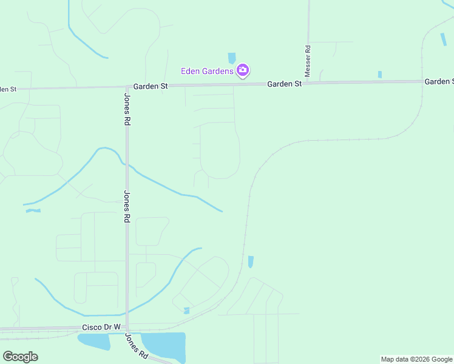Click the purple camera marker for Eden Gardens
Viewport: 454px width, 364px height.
point(243,71)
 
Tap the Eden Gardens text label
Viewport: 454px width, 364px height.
point(207,72)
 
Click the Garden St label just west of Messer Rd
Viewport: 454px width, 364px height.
point(285,84)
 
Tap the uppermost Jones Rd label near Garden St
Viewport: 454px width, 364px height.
point(127,109)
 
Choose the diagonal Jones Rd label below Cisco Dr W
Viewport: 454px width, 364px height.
point(137,345)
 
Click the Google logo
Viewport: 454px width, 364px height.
point(20,356)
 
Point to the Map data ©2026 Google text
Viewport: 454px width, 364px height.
point(416,359)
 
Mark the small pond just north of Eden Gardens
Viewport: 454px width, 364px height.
point(231,58)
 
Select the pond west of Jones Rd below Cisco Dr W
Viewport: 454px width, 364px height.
point(94,342)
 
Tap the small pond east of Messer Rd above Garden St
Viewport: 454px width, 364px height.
point(380,75)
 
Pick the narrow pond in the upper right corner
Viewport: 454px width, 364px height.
point(444,39)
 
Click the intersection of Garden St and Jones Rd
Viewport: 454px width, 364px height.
point(126,87)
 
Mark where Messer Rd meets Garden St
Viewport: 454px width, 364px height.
point(308,83)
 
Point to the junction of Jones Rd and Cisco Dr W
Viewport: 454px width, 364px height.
point(127,331)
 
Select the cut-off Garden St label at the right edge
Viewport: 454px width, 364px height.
point(439,81)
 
